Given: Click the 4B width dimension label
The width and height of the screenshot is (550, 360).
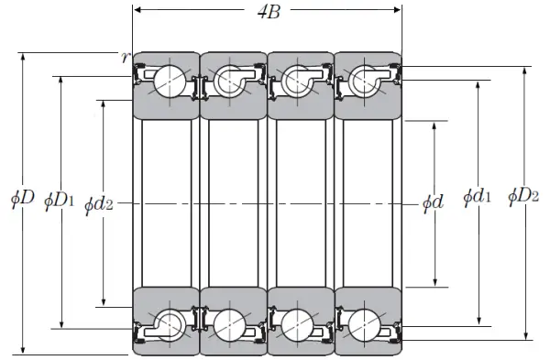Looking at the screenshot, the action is click(x=269, y=12).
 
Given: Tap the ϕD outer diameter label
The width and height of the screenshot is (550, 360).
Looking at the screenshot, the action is click(x=22, y=199).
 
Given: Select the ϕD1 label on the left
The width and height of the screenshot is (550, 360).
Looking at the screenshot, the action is click(x=60, y=201).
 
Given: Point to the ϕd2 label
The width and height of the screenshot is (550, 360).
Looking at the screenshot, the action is click(x=99, y=204).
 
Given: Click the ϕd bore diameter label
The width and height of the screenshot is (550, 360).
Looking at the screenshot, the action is click(x=433, y=202).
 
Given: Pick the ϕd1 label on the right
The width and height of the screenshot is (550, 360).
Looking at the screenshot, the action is click(x=477, y=197).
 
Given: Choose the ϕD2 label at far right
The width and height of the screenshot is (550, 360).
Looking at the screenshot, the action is click(x=523, y=196).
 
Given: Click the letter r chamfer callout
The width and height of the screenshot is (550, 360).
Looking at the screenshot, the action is click(x=126, y=57).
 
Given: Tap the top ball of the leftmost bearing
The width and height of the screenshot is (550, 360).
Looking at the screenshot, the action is click(x=170, y=82).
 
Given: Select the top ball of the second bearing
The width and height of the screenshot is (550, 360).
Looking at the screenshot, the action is click(x=230, y=82).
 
